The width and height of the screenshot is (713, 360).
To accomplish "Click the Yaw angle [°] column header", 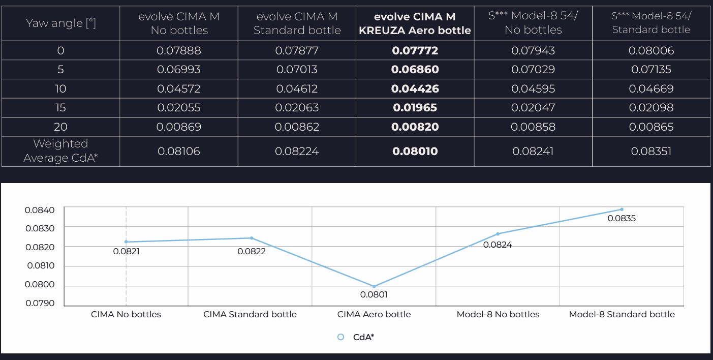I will pyautogui.click(x=60, y=23).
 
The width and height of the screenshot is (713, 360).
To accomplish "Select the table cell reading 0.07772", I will pyautogui.click(x=415, y=50).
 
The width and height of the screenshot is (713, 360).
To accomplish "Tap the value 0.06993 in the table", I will pyautogui.click(x=179, y=69).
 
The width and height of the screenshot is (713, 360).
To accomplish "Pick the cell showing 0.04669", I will pyautogui.click(x=651, y=88).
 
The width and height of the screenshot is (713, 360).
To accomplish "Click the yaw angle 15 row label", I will pyautogui.click(x=60, y=107).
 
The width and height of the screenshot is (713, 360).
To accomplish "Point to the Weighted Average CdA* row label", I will pyautogui.click(x=60, y=151).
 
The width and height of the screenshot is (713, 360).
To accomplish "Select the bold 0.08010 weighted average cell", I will pyautogui.click(x=415, y=151).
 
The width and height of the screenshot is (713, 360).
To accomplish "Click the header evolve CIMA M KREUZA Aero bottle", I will pyautogui.click(x=415, y=23).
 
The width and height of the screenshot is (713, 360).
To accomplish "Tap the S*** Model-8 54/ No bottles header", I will pyautogui.click(x=533, y=23).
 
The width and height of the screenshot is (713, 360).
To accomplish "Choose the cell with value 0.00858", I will pyautogui.click(x=533, y=127).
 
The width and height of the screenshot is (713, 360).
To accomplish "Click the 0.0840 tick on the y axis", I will pyautogui.click(x=40, y=209).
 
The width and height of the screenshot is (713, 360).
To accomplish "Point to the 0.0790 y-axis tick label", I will pyautogui.click(x=40, y=304).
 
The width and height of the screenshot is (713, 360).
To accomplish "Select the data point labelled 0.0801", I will pyautogui.click(x=374, y=286).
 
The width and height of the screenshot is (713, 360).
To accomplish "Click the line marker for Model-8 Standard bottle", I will pyautogui.click(x=622, y=209).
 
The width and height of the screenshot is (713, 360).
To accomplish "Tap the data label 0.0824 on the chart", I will pyautogui.click(x=498, y=245).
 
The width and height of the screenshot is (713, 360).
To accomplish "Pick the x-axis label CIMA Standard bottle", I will pyautogui.click(x=250, y=314).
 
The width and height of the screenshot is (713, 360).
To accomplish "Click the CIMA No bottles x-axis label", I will pyautogui.click(x=126, y=314).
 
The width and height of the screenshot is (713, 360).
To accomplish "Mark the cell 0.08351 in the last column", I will pyautogui.click(x=651, y=151).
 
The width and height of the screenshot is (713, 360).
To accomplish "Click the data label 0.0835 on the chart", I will pyautogui.click(x=622, y=219).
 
